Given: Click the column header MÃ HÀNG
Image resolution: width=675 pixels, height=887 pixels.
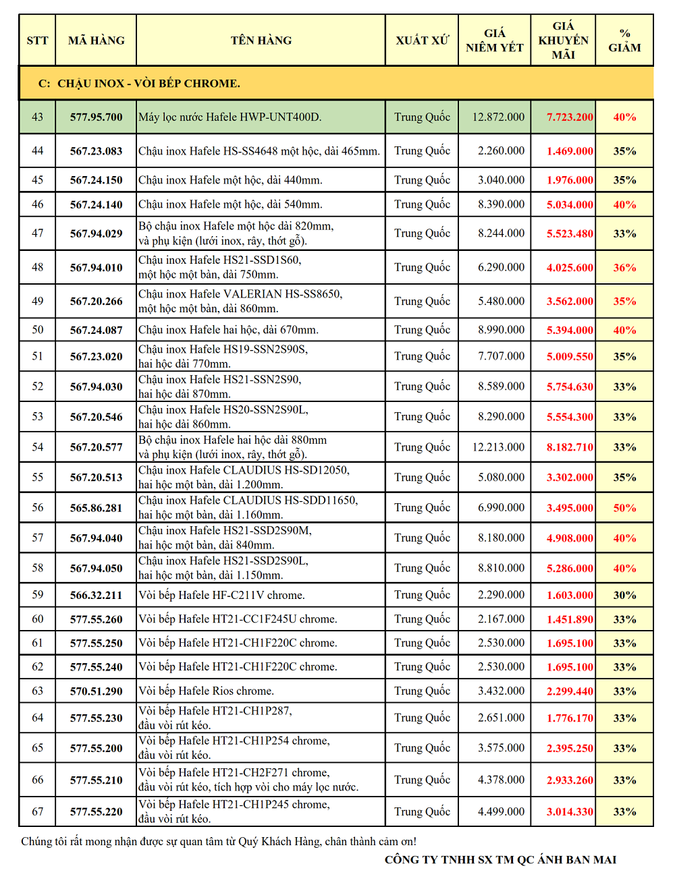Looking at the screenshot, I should coord(97,40).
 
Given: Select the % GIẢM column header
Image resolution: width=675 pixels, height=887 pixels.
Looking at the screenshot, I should coord(624,40).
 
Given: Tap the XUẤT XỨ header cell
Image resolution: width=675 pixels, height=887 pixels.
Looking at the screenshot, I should coord(422,40).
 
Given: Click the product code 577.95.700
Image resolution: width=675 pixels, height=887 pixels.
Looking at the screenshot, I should coord(97,117).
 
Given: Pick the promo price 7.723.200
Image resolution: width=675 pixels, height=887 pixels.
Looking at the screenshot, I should coord(570,117).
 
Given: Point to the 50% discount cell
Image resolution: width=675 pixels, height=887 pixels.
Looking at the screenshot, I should coord(624,508).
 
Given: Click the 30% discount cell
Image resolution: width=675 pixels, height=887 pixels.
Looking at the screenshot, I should coord(624,595).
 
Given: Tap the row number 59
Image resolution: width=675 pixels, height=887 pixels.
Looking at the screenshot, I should coord(38,595).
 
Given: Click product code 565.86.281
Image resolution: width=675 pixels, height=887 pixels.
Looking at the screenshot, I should coord(97,508).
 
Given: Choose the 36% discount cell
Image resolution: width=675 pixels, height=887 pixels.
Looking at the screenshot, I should coord(624,268).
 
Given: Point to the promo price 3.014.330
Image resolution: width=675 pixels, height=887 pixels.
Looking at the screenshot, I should coord(570,812).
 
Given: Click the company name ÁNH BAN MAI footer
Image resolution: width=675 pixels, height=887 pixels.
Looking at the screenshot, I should coord(500,859).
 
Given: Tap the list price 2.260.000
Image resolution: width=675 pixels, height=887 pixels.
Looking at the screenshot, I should coord(501,151).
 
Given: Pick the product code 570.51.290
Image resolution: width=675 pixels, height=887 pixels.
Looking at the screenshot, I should coord(97,691).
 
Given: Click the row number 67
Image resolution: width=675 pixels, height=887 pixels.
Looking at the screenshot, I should coord(38,811).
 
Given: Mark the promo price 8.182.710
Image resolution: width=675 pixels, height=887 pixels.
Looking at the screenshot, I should coord(570,447).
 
